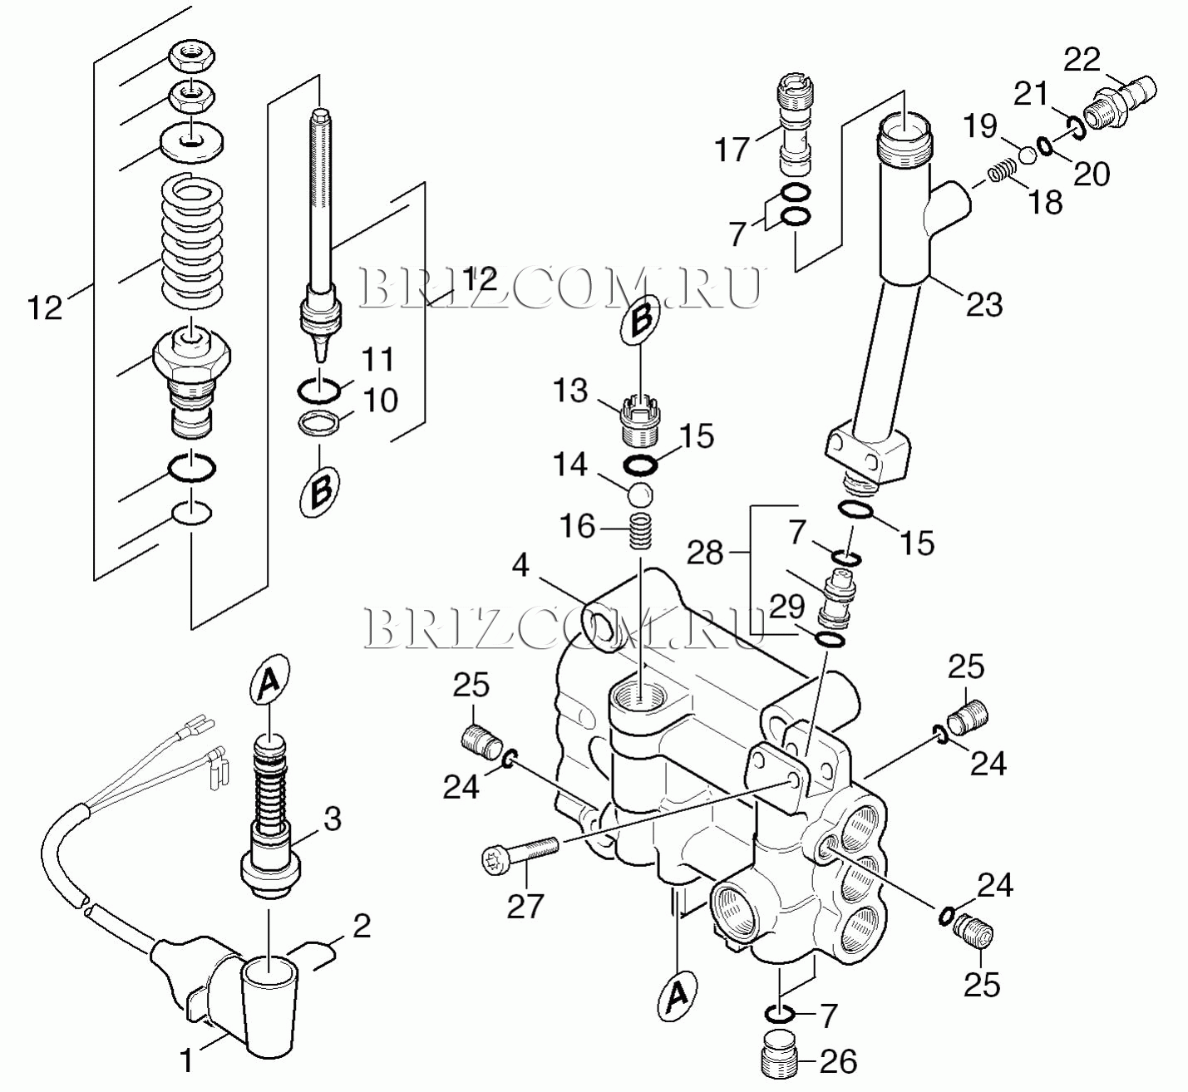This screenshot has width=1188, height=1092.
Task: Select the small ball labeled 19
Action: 1028,155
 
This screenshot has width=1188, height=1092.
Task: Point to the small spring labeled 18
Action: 1000,172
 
